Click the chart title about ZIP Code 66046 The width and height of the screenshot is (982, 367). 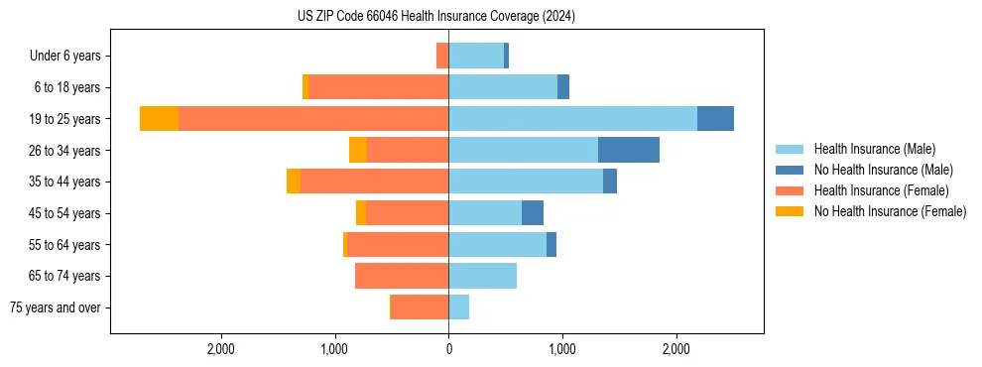436,17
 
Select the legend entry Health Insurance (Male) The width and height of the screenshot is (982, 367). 874,149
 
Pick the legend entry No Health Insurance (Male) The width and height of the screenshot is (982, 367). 883,170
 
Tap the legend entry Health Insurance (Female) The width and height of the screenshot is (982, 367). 881,190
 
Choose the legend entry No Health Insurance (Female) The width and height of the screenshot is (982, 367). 889,211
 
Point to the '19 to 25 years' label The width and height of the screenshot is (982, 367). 66,119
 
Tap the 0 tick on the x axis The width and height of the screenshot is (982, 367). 448,349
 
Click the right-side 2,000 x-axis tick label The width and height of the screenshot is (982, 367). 676,349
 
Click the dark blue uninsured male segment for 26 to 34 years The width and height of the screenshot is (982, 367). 629,150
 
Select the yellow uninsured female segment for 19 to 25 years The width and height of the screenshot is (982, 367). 159,119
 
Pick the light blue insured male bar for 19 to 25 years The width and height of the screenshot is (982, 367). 572,119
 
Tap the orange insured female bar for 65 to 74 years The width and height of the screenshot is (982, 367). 402,276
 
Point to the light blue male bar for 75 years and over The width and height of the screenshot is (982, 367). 458,307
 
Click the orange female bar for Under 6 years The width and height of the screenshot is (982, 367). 442,56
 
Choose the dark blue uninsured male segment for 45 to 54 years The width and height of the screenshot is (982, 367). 533,213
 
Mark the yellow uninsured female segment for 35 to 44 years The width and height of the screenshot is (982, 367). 294,182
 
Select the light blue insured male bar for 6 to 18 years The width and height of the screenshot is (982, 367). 503,87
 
